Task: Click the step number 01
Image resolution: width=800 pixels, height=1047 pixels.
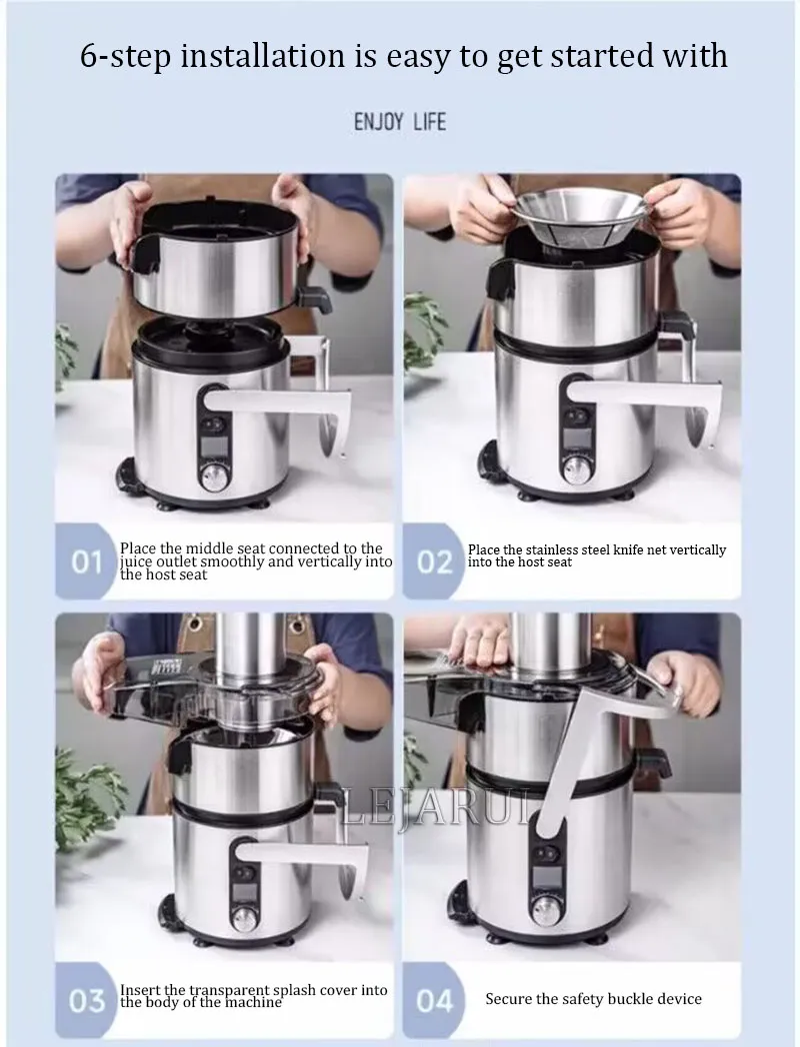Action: (86, 562)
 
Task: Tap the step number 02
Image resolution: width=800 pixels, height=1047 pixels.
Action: (434, 562)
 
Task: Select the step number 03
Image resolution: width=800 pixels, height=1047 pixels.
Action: (87, 1000)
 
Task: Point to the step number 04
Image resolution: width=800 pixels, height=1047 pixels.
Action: (434, 1000)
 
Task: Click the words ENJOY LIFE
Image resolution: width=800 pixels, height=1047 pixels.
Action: (400, 122)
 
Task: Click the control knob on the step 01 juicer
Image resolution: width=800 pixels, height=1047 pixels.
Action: (214, 477)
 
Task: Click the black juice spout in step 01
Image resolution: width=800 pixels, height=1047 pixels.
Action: (315, 299)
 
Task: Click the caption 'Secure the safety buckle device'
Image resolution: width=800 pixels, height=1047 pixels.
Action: (593, 999)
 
